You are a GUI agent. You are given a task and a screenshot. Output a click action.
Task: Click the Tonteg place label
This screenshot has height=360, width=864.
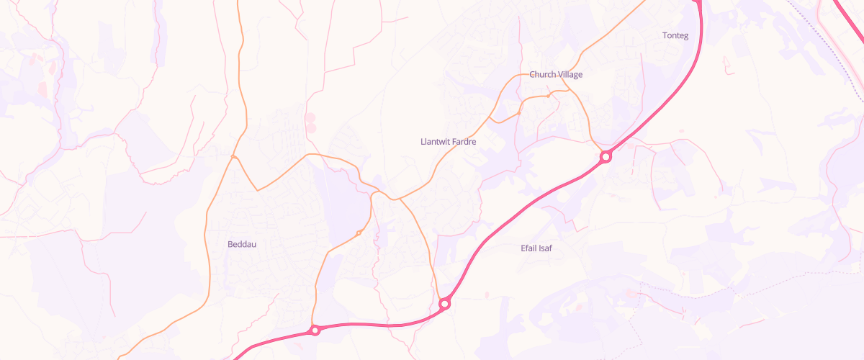coord(675,35)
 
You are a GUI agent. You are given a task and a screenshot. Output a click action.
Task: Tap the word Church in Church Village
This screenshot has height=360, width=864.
coord(542,74)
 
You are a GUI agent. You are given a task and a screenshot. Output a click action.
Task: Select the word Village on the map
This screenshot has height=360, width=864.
coord(570,74)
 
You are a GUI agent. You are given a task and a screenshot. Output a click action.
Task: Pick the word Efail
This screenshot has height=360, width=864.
coord(530,248)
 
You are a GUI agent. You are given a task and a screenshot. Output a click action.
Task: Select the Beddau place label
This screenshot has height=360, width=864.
coord(242,244)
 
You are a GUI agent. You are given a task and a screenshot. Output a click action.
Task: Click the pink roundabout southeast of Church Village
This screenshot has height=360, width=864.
coord(606,156)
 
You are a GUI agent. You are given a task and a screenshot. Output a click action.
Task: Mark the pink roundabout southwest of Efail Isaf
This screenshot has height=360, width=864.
coord(445,305)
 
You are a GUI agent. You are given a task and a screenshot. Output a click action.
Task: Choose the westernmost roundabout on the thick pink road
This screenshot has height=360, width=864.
coord(315,330)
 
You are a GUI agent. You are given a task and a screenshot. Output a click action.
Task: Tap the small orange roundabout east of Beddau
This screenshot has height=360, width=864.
coord(359,233)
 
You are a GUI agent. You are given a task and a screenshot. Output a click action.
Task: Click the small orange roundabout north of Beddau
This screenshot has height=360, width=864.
coord(234,156)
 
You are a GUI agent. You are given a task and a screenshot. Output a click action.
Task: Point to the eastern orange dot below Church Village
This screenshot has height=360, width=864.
coord(549,95)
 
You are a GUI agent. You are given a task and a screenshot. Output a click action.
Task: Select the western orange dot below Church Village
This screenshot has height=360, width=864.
coord(519,113)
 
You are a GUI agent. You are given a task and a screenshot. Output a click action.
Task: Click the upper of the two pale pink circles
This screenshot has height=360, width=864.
coord(310,117)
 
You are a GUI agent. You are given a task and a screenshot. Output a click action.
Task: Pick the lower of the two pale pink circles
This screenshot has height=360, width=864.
coord(311,128)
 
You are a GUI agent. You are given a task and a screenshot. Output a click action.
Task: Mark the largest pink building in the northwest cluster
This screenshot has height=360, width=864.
coord(42,89)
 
